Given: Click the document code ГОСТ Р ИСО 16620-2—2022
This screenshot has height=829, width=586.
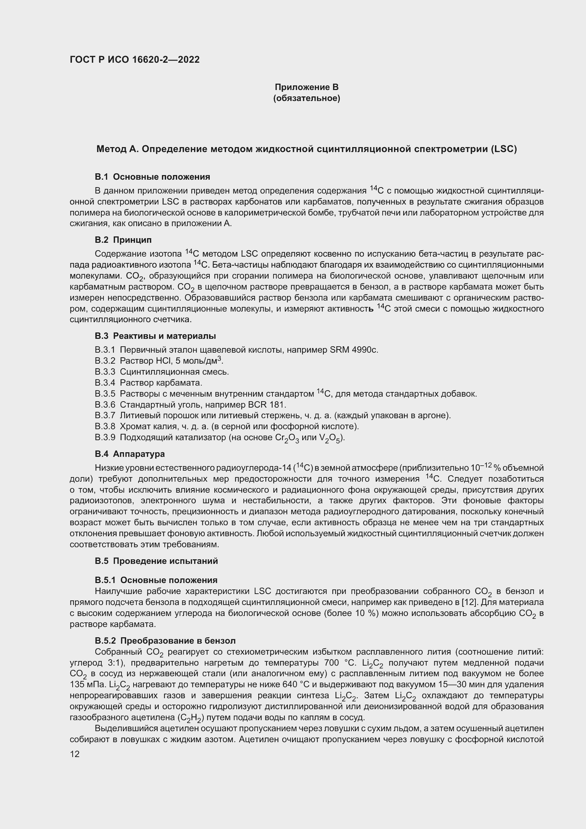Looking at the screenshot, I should click(135, 60).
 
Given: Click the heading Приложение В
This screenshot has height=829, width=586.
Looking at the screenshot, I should click(306, 87).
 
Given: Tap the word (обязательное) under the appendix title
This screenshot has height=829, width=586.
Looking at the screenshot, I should click(306, 98).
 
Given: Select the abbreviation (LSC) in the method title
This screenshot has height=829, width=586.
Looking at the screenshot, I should click(504, 149).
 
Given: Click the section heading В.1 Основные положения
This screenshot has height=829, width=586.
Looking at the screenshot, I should click(152, 177).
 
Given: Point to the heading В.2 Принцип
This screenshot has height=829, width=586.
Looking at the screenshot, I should click(123, 240).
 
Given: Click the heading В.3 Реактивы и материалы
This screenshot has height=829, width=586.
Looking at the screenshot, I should click(155, 336).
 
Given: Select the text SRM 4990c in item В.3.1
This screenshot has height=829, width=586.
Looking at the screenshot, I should click(354, 350).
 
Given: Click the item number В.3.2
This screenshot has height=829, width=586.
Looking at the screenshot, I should click(105, 361).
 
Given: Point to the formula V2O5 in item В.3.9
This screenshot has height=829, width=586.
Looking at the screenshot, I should click(329, 438).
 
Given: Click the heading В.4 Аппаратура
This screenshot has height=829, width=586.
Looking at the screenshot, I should click(130, 454).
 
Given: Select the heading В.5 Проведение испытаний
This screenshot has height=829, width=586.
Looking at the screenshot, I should click(156, 561).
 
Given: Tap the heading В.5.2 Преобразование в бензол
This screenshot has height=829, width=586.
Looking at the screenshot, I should click(165, 640).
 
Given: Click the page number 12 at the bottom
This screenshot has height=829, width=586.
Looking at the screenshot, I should click(75, 754).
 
